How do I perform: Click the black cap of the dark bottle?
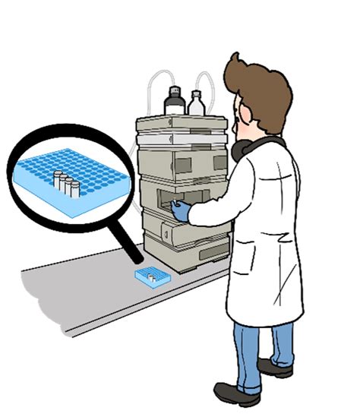click(174, 92)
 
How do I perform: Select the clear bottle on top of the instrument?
click(196, 105)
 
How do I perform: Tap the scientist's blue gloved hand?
click(181, 212)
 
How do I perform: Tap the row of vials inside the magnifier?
click(66, 183)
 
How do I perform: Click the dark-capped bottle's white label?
click(175, 106)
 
